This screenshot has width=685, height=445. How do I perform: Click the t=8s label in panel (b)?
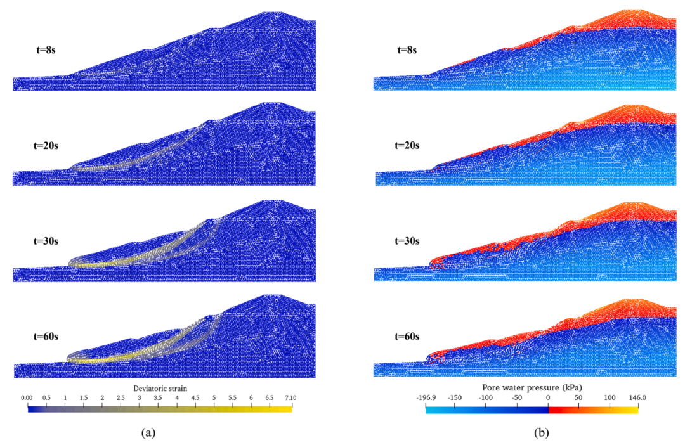click(406, 49)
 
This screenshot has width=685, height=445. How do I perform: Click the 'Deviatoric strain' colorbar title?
click(160, 388)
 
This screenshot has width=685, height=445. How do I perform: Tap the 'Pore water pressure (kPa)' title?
click(532, 387)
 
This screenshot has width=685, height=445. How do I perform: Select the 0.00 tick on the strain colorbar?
click(27, 398)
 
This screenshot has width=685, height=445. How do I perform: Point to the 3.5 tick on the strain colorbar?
click(157, 398)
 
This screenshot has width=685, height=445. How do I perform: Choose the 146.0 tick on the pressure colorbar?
click(639, 397)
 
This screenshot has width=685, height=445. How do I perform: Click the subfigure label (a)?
click(147, 433)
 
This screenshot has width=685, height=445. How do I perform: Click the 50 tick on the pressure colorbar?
click(579, 397)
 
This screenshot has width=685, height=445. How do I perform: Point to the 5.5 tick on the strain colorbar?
click(233, 398)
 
